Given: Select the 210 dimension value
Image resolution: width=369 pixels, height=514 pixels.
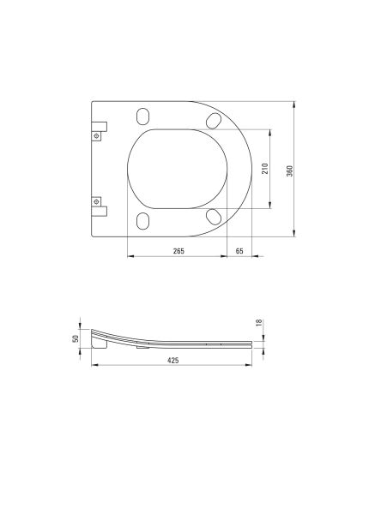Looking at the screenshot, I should [x=265, y=169].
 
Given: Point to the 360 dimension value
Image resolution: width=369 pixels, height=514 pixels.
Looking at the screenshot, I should [x=289, y=170].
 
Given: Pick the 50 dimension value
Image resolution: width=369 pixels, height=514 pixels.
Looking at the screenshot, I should [x=76, y=338].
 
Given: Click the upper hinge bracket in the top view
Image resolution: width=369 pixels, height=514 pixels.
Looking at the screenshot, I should [x=98, y=128].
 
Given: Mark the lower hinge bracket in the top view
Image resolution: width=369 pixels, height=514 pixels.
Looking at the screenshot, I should [x=98, y=206].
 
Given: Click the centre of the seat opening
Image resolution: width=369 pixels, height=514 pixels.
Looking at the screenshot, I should [x=179, y=169].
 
